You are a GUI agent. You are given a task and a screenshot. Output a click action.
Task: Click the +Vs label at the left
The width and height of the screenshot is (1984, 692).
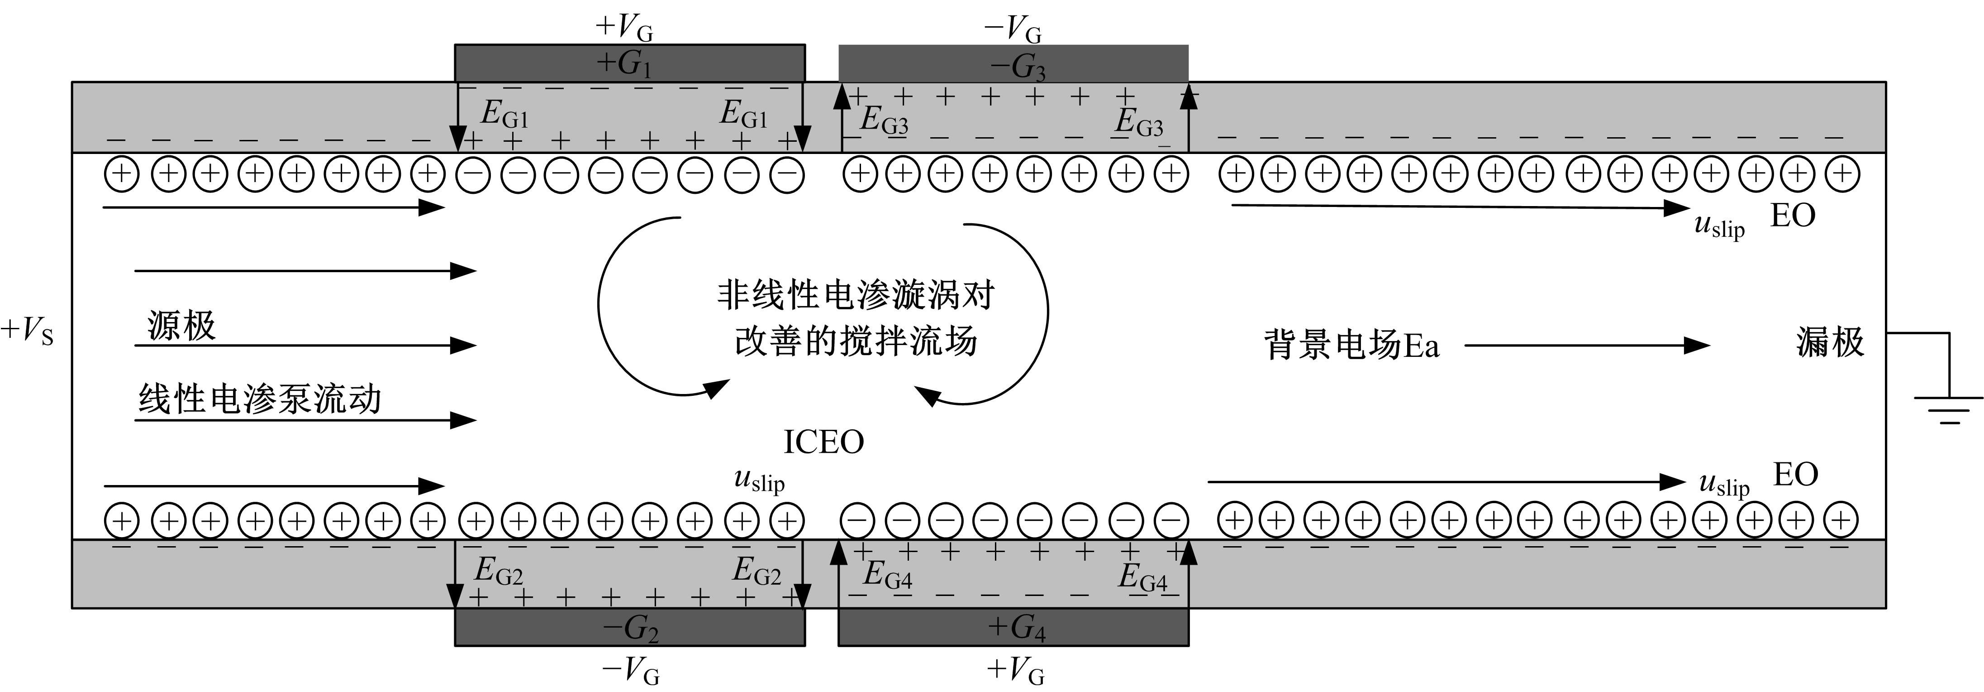point(28,332)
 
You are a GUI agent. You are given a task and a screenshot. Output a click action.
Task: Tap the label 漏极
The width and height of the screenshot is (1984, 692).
point(1830,342)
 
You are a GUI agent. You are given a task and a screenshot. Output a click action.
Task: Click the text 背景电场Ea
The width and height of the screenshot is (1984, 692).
point(1351,345)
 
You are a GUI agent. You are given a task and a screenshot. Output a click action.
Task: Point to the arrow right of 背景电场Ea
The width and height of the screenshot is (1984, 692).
point(1587,345)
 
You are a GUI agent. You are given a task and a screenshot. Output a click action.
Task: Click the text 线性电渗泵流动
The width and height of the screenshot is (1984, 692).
point(260,399)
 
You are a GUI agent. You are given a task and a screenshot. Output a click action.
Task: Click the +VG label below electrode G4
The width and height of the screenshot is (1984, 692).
point(1016,670)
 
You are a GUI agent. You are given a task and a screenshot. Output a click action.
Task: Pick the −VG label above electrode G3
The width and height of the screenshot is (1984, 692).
point(1013,30)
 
